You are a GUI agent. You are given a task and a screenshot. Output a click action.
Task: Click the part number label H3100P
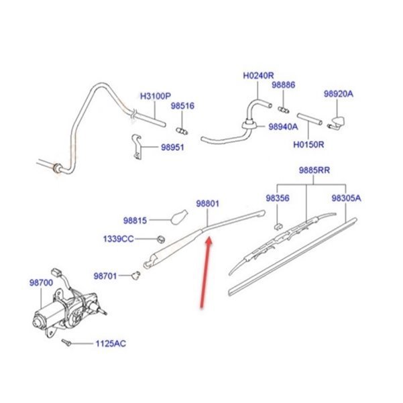pyautogui.click(x=156, y=95)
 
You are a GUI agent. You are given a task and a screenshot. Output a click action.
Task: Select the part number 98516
pyautogui.click(x=182, y=105)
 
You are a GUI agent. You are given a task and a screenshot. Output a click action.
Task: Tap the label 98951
pyautogui.click(x=172, y=148)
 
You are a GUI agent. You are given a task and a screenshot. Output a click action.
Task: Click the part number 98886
pyautogui.click(x=283, y=85)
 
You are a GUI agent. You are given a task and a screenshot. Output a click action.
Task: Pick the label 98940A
pyautogui.click(x=284, y=125)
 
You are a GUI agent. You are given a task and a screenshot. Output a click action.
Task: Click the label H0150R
pyautogui.click(x=308, y=143)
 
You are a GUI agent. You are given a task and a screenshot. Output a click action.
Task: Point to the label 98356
pyautogui.click(x=277, y=198)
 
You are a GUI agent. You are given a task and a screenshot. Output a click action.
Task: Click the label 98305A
pyautogui.click(x=346, y=198)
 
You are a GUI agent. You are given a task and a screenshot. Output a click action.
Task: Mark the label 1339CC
pyautogui.click(x=119, y=238)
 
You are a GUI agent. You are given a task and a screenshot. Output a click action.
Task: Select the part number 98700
pyautogui.click(x=40, y=284)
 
